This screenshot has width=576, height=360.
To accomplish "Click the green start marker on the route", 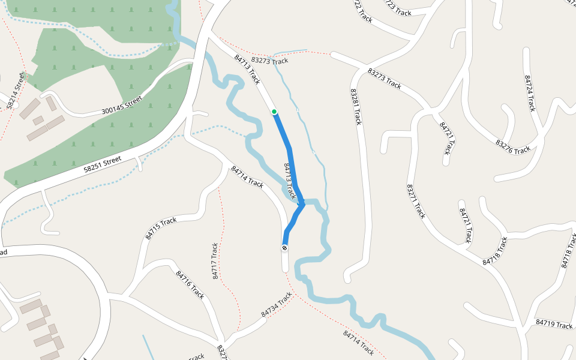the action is click(274, 112).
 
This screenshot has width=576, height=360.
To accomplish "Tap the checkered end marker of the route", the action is click(284, 248).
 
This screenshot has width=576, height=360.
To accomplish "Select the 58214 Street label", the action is click(16, 91).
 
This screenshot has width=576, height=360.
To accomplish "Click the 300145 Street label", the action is click(122, 106).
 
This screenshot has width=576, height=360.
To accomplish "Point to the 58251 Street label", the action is click(103, 166).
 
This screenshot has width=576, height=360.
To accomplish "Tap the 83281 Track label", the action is click(356, 107).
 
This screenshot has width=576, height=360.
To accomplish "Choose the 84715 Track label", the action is click(161, 229).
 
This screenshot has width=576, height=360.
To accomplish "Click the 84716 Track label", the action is click(191, 284).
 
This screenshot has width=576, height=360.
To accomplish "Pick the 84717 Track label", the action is click(215, 261).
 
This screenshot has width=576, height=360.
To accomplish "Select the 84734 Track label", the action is click(277, 305).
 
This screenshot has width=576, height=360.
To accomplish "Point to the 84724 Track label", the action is click(529, 94).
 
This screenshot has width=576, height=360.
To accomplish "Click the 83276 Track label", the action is click(513, 146).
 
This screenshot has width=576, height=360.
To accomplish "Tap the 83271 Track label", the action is click(416, 201).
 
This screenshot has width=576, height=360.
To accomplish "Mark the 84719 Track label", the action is click(554, 325).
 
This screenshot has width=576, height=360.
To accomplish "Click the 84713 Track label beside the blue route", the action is click(289, 181).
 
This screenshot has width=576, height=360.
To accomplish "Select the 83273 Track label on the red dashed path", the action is click(269, 61).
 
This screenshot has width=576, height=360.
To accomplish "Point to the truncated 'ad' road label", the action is click(3, 253).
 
